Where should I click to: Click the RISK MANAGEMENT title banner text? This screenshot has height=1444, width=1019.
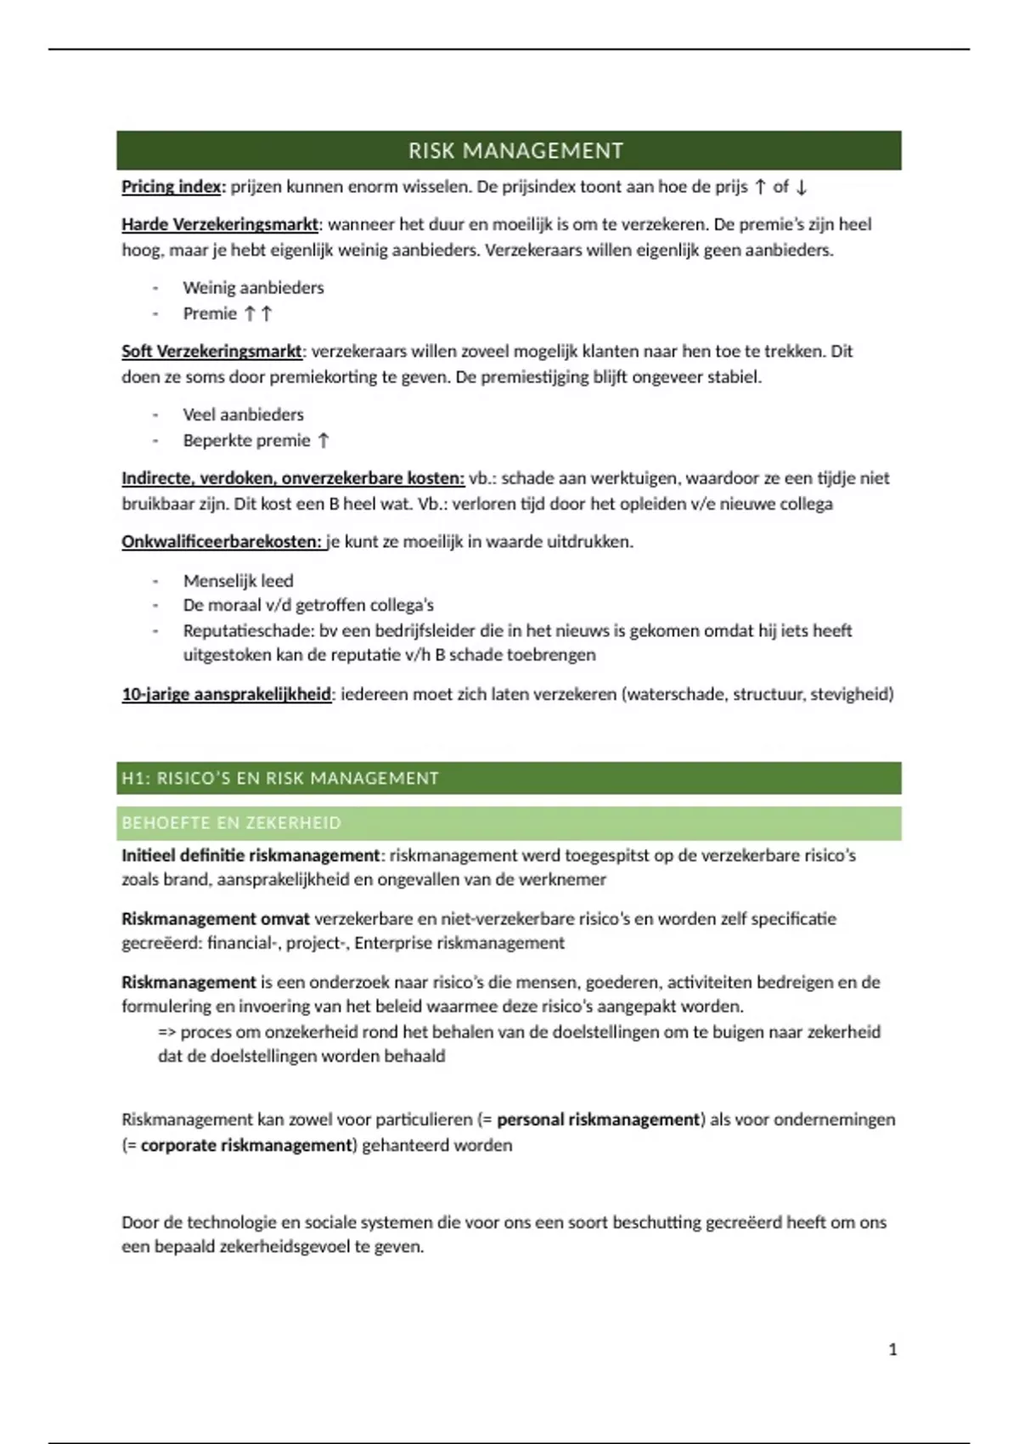tap(515, 151)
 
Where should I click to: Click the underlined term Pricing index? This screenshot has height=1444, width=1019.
tap(172, 187)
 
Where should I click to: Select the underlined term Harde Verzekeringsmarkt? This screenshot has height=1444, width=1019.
tap(220, 225)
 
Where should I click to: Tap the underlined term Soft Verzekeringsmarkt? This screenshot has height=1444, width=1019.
tap(211, 352)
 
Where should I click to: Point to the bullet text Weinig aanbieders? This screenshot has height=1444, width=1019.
tap(253, 288)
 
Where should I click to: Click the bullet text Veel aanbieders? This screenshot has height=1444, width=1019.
tap(243, 415)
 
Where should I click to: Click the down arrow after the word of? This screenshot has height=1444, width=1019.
tap(801, 188)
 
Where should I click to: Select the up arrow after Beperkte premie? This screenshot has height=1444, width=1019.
tap(324, 441)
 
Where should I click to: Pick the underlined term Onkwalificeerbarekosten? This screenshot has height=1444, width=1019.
tap(222, 542)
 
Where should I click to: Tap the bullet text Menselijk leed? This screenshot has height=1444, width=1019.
tap(238, 581)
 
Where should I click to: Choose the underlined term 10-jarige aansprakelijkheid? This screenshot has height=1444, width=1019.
tap(226, 695)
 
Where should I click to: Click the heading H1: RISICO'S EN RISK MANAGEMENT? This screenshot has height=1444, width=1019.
tap(280, 779)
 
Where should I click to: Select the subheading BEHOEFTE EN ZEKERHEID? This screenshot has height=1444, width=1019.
tap(231, 823)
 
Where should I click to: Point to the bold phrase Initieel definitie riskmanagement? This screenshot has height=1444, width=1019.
tap(251, 855)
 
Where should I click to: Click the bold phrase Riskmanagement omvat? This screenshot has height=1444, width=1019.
tap(216, 919)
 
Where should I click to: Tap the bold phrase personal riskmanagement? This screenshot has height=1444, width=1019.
tap(598, 1120)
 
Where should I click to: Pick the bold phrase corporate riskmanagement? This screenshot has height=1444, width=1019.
tap(246, 1146)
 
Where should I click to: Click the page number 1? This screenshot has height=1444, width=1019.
tap(892, 1350)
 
